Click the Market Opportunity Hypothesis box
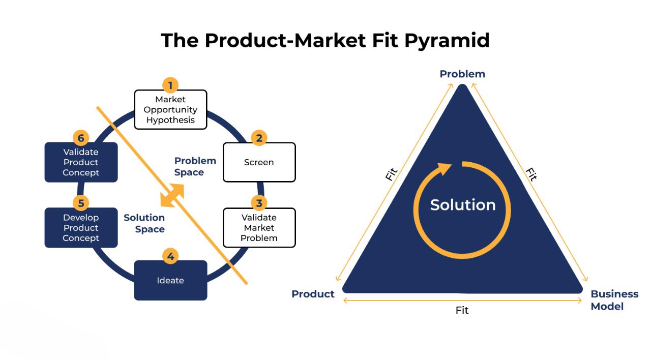point(170,109)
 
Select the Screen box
point(259,162)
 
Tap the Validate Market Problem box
point(259,228)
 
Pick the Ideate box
point(170,280)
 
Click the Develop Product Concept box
point(81,228)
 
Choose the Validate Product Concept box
point(81,162)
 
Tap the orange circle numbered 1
point(170,85)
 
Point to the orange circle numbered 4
point(170,256)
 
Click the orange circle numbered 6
point(81,138)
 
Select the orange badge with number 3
point(259,203)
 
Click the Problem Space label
point(195,166)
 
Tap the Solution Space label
point(144,223)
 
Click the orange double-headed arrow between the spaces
point(172,195)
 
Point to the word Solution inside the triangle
point(463,205)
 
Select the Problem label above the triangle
point(462,74)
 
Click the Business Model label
point(615,300)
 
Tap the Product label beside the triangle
point(313,294)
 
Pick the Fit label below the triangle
point(462,310)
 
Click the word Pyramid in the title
point(447,41)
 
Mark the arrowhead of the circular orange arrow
point(445,168)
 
